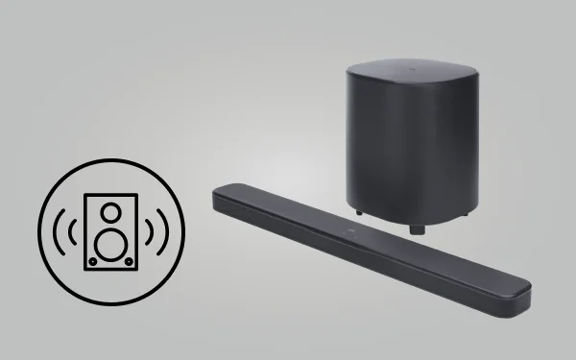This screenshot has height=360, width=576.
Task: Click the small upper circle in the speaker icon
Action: pyautogui.click(x=110, y=208)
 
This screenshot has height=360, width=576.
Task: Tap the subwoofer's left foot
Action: pyautogui.click(x=357, y=209)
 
